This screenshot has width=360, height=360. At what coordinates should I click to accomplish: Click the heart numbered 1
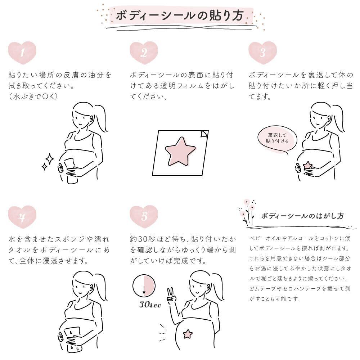pos(22,53)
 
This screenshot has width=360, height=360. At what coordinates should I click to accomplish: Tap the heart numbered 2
pos(144,53)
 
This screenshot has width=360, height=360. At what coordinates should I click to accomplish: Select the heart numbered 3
pos(263,53)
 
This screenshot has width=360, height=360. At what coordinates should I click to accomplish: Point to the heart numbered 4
pos(22,217)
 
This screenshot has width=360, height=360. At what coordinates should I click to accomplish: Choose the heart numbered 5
pos(144,217)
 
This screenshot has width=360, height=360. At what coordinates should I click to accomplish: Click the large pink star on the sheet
pos(180,152)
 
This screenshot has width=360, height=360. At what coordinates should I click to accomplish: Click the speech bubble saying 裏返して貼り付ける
pos(277,139)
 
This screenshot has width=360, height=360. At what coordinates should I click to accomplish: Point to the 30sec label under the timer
pos(150,304)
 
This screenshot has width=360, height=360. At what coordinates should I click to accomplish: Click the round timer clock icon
pos(144,286)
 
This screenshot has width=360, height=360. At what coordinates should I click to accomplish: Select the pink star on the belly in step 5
pos(188,334)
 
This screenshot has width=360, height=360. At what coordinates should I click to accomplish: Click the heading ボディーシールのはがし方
pos(302,216)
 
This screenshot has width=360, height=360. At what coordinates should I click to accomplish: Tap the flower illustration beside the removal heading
pos(247,212)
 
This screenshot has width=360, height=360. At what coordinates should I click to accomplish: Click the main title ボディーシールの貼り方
pos(180,15)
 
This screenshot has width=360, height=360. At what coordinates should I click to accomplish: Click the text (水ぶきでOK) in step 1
pos(33,96)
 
